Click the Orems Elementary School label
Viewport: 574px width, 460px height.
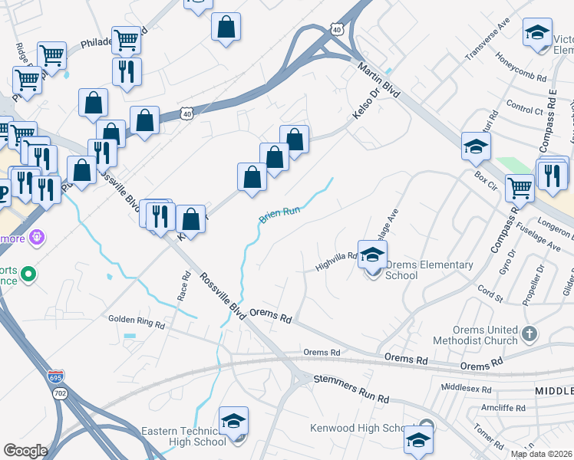coord(429,270)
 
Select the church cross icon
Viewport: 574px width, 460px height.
coord(529,334)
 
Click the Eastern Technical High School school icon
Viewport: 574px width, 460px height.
coord(234,422)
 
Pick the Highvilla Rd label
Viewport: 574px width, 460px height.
coord(337,263)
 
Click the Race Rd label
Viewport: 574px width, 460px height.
coord(184,286)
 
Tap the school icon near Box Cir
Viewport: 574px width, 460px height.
coord(476,146)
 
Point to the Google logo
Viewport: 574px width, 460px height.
coord(25,451)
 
